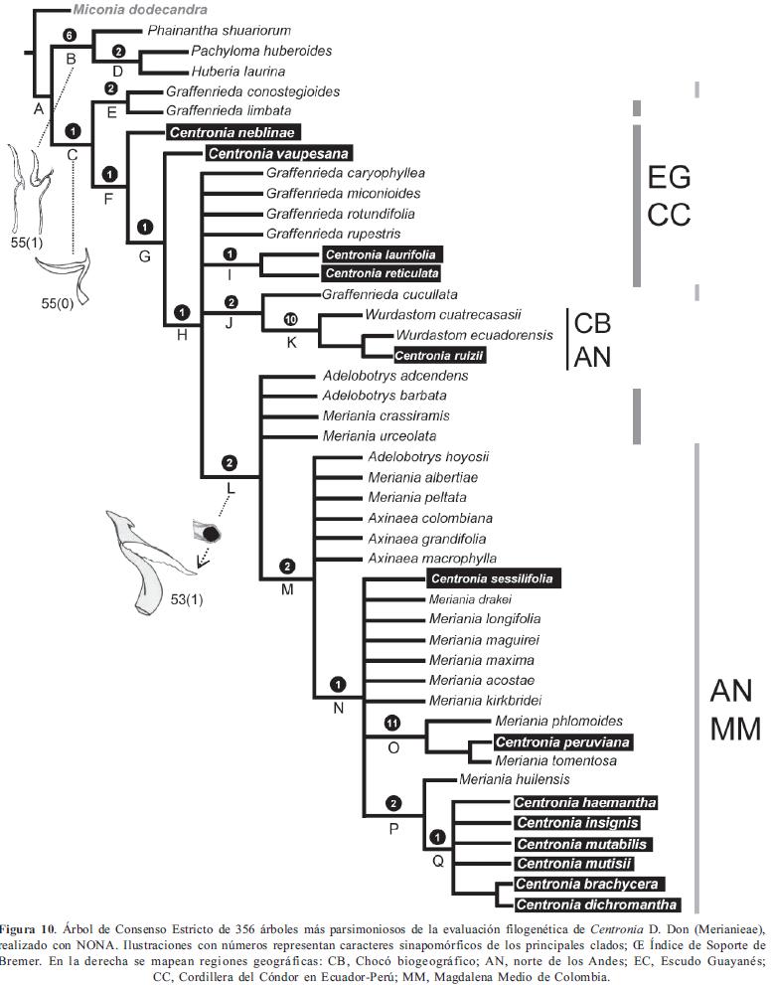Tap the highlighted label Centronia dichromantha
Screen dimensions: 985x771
pyautogui.click(x=597, y=903)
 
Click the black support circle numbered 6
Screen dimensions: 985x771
pyautogui.click(x=69, y=35)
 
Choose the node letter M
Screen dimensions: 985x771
pyautogui.click(x=287, y=588)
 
